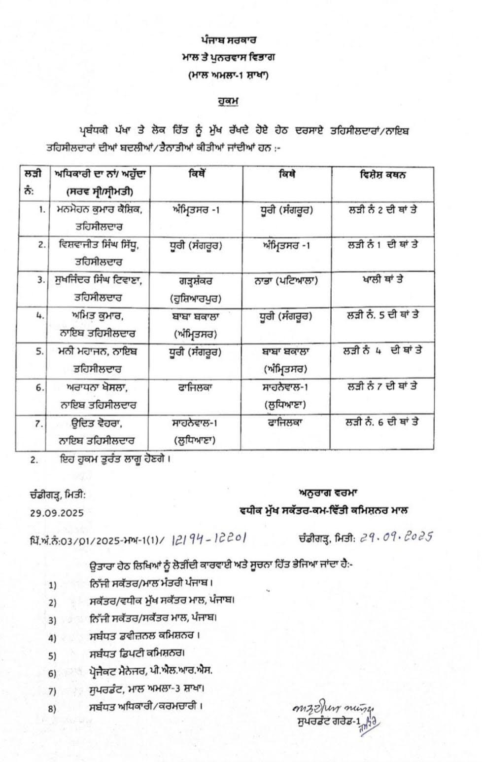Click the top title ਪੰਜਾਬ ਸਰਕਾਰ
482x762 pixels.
[228, 39]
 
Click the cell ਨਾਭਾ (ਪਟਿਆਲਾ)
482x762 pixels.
[286, 280]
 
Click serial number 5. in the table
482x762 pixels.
[39, 352]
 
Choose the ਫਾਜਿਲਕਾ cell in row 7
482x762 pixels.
[286, 423]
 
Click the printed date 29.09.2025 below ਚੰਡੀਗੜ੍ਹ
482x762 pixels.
[57, 513]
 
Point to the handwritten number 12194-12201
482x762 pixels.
[209, 538]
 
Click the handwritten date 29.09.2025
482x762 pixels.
[396, 537]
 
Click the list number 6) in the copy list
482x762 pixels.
[52, 674]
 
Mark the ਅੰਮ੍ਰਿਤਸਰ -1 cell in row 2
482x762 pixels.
[286, 245]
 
